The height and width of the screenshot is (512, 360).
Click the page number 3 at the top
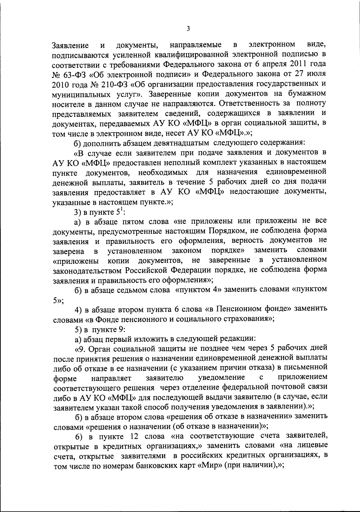pos(188,29)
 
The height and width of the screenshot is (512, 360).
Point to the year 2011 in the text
pos(300,65)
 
